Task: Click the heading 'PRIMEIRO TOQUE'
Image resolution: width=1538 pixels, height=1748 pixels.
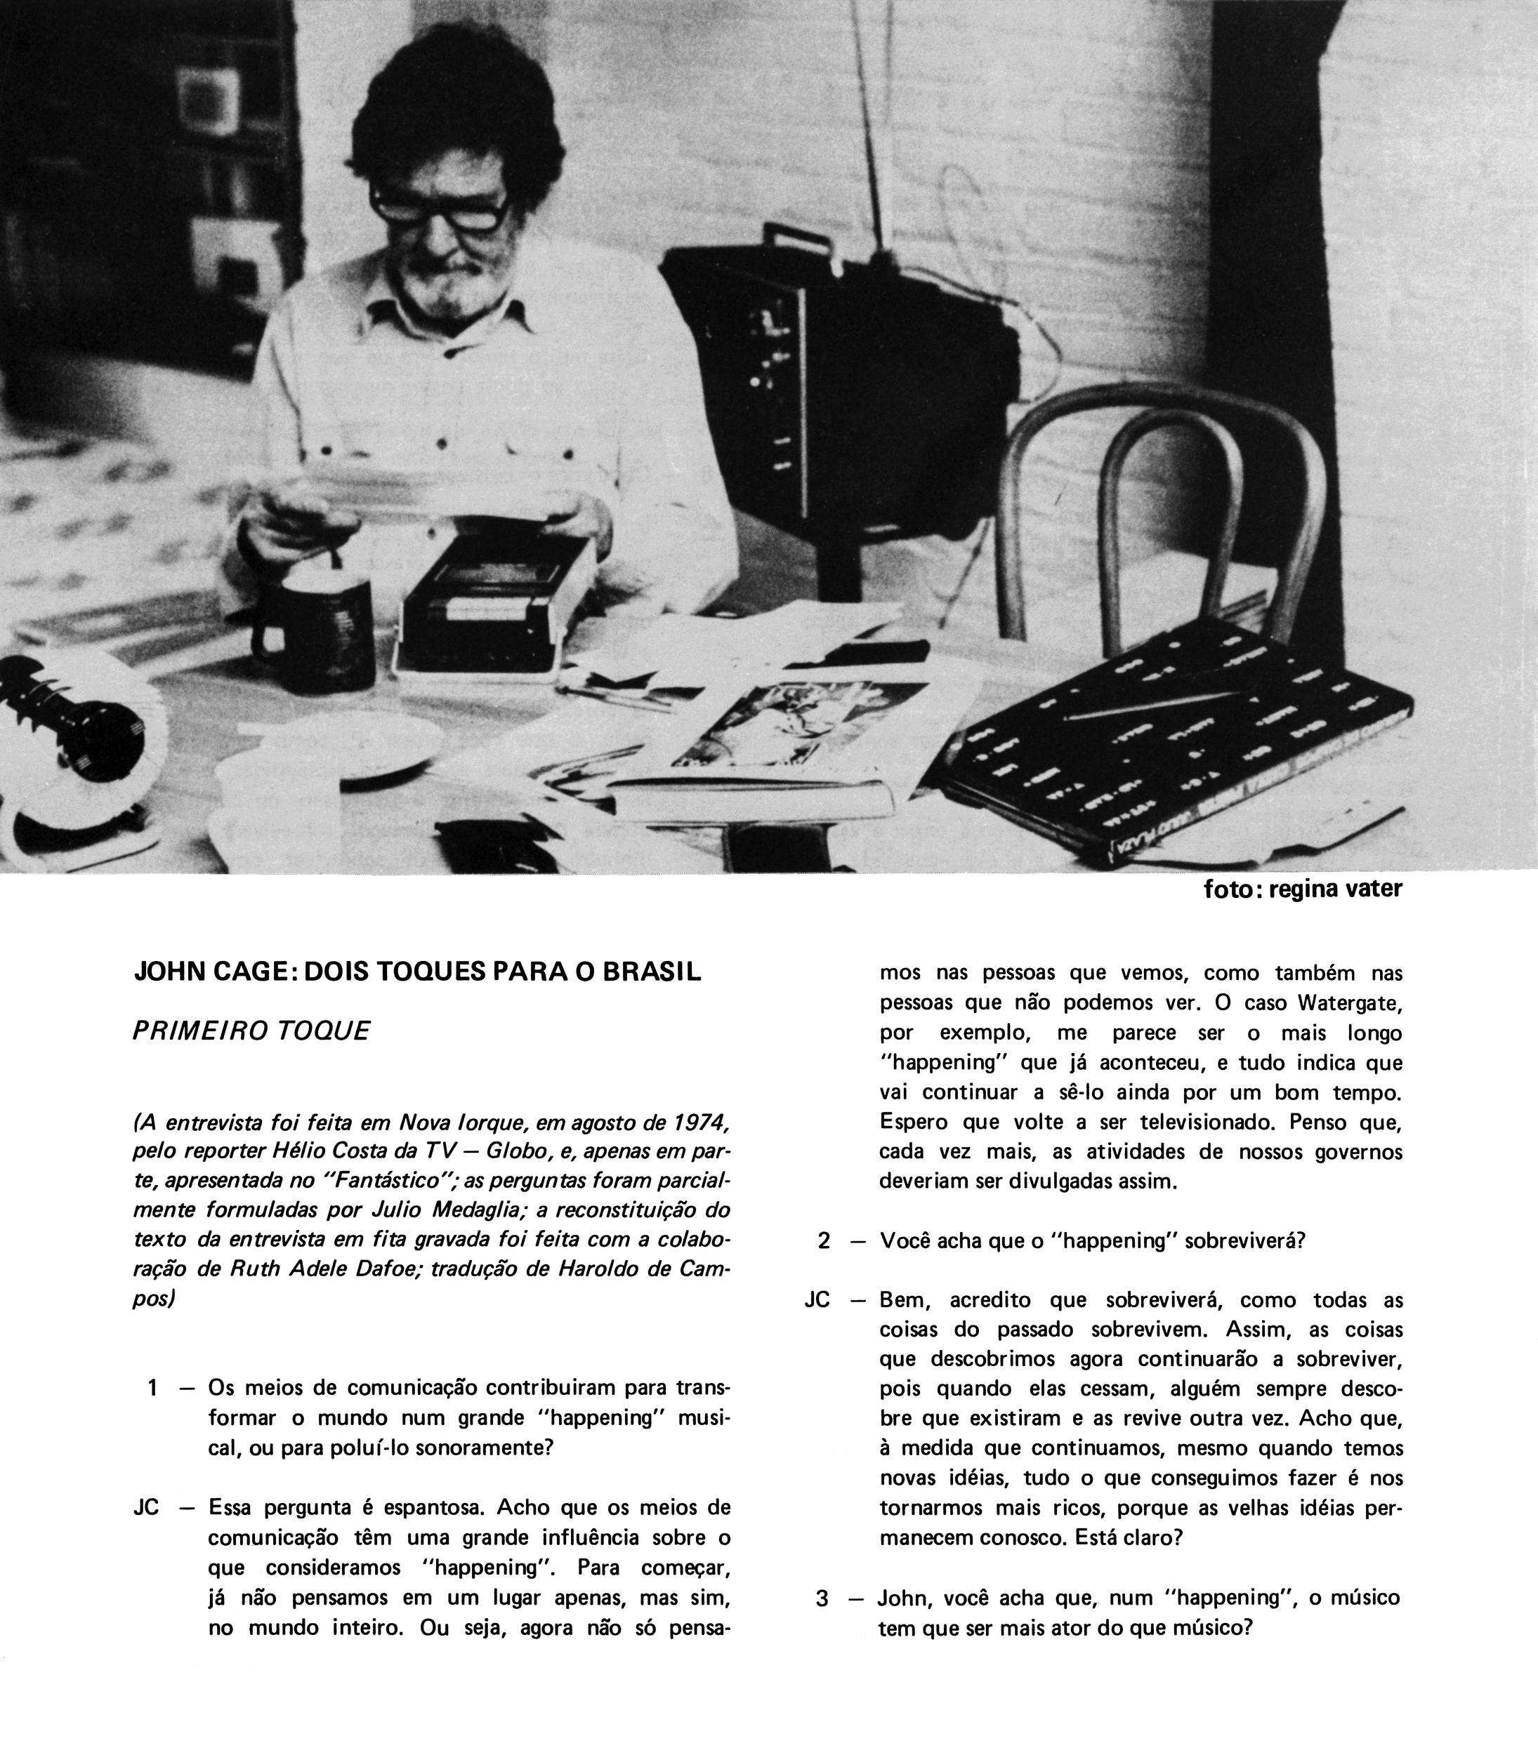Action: (251, 1031)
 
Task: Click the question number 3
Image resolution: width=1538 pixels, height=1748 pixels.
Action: (822, 1598)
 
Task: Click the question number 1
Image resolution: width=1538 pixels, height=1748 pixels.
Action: (152, 1388)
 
